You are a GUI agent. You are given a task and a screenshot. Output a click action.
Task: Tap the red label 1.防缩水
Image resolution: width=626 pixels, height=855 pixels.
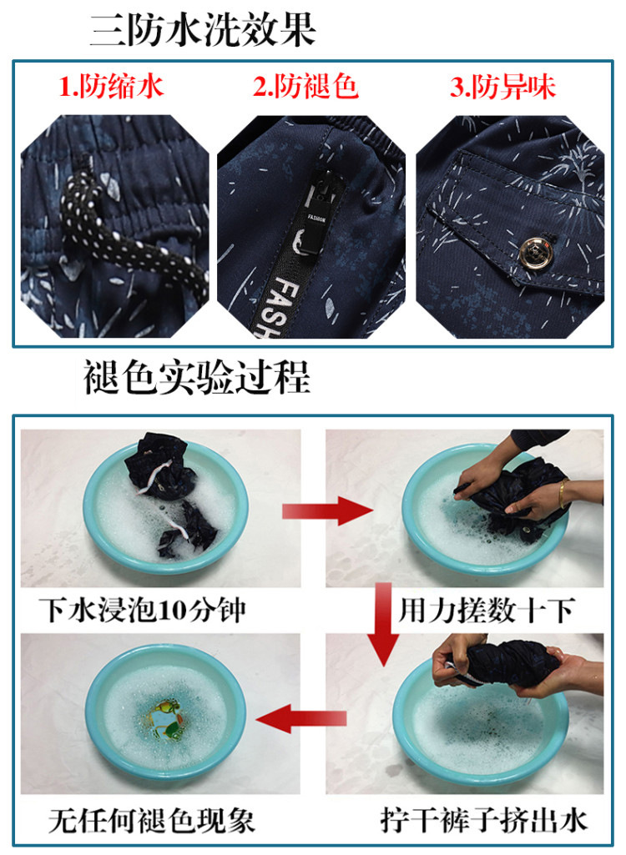coord(111,87)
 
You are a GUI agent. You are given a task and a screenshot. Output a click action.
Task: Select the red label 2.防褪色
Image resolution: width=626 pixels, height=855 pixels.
coord(305,87)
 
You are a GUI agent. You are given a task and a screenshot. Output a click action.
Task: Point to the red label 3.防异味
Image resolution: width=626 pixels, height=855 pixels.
coord(502,88)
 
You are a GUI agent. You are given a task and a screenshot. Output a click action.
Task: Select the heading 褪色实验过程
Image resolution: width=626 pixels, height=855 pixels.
coord(196,377)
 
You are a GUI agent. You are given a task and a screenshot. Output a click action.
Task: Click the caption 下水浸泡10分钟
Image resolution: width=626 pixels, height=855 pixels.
coord(143,610)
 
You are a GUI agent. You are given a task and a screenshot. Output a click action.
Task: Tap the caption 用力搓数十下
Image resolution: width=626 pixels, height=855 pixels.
coord(486,610)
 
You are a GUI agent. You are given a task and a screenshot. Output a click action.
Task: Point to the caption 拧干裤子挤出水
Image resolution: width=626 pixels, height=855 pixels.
coord(483,821)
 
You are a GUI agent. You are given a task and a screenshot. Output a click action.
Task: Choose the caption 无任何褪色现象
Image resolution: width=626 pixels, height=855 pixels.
coord(151,821)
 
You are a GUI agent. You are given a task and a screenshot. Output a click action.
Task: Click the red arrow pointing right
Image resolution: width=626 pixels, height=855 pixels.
coord(327,511)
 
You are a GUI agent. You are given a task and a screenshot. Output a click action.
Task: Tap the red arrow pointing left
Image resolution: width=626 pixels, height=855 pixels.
coord(300,719)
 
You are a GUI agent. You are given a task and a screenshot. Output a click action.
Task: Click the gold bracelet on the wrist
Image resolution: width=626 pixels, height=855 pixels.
coord(562,494)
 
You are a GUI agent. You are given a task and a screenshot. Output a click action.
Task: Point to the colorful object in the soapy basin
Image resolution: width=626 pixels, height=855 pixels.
coord(165,719)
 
